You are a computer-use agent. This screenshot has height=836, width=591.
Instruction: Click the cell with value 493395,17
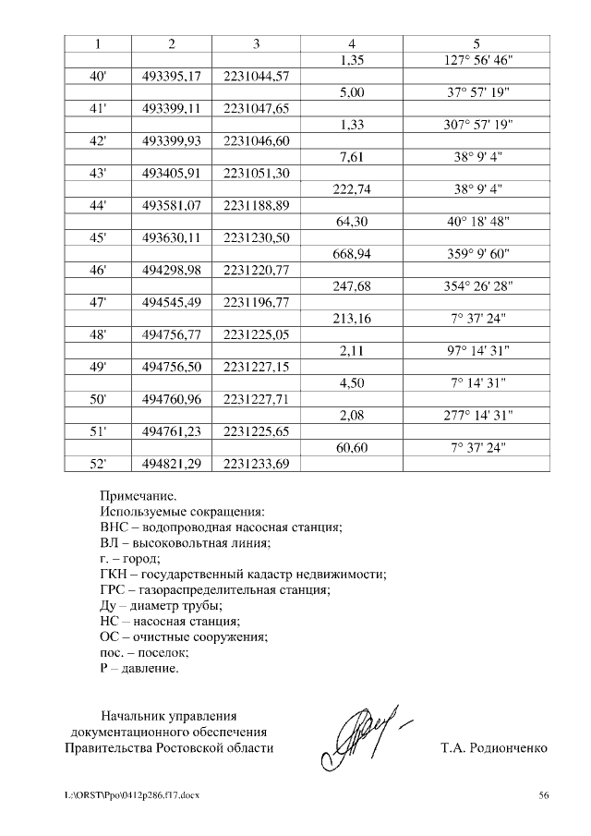coord(172,76)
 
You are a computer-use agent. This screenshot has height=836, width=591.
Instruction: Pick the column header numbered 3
coord(256,43)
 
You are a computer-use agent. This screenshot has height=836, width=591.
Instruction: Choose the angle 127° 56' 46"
coord(476,60)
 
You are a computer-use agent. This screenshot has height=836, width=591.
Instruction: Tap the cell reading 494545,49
coord(172,302)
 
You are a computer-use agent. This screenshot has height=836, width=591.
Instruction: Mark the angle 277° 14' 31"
coord(476,415)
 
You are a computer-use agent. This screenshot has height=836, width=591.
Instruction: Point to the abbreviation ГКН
coord(115,574)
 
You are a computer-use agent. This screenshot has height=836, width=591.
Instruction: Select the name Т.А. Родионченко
coord(494,747)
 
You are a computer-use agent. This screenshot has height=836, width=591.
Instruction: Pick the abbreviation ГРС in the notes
coord(114,589)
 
